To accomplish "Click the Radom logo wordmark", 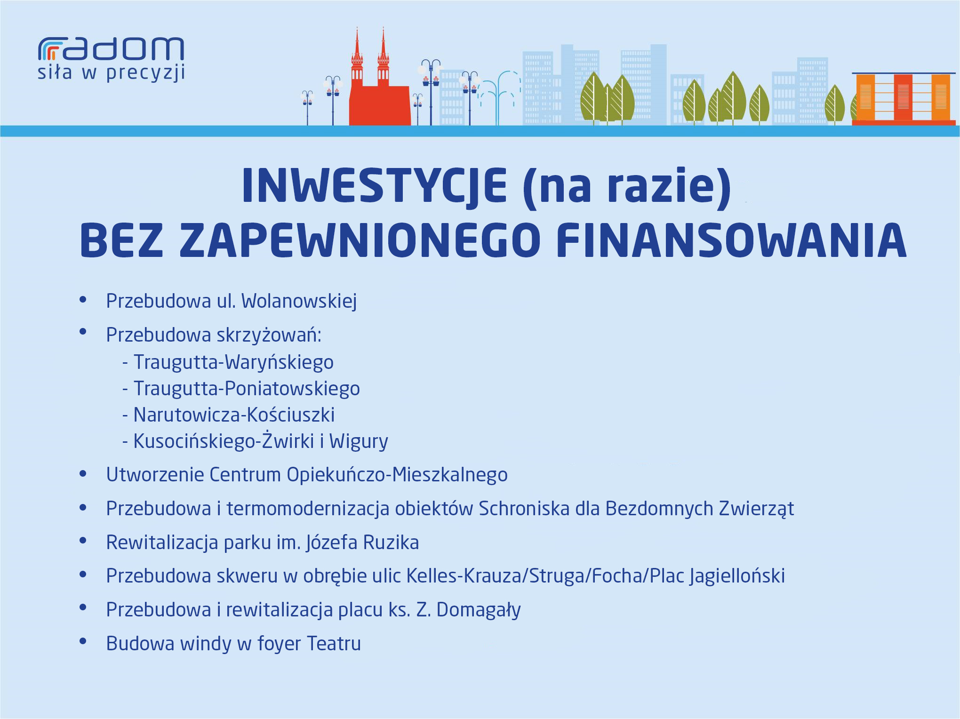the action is (111, 49).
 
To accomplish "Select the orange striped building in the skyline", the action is (904, 99).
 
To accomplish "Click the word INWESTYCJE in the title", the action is (374, 185).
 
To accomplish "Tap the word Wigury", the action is (359, 441).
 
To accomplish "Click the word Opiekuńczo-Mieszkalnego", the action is (397, 475).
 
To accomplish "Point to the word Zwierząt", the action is (756, 509).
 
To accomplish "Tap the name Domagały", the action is (479, 610).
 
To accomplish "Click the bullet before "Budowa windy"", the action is (83, 641).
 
